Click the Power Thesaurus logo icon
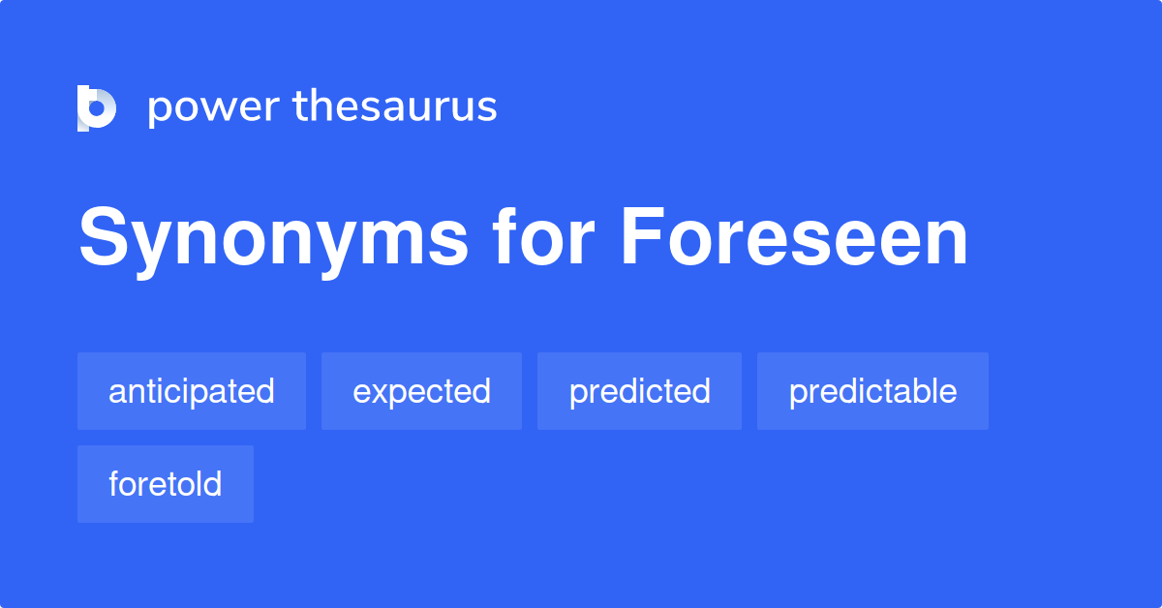[x=97, y=107]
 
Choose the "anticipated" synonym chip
[x=192, y=391]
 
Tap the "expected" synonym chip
[x=421, y=391]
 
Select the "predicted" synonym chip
[x=639, y=391]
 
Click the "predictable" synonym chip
[x=872, y=391]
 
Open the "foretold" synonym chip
[x=166, y=484]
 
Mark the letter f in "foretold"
[x=114, y=483]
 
